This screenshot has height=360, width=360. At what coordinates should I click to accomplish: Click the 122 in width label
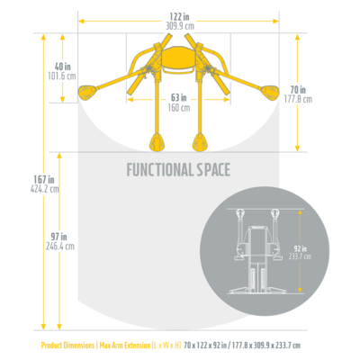coord(179,17)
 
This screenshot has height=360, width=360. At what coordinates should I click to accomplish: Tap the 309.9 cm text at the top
coord(180,26)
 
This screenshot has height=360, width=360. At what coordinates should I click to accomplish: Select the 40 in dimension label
coord(63,67)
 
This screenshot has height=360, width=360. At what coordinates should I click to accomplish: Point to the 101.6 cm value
coord(62,76)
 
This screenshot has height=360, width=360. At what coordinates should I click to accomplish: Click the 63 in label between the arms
coord(179,97)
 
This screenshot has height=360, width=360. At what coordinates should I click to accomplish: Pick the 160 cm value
coord(179,108)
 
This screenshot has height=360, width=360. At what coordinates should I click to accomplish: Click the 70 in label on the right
coord(298,89)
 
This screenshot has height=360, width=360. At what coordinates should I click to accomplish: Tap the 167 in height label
coord(44,180)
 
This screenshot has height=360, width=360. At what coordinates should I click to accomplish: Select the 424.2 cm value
coord(45,189)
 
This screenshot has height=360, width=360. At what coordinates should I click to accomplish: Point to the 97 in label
coord(59,237)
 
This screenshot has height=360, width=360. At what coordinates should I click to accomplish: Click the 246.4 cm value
coord(60,247)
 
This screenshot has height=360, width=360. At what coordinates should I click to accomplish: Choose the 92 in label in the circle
coord(300,248)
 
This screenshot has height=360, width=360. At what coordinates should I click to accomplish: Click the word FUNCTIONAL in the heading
coord(160,169)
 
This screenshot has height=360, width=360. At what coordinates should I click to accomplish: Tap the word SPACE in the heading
coord(213,169)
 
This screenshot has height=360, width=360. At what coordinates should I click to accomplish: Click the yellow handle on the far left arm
coord(87,93)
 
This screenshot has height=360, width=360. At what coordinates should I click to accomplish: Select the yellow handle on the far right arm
coord(270,93)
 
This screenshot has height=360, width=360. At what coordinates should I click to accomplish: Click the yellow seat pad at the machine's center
coord(178,58)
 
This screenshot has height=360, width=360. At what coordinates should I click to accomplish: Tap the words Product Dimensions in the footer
coord(67,346)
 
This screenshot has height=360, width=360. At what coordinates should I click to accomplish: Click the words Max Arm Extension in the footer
coord(125,346)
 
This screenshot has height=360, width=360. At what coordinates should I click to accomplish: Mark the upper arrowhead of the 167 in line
coord(44,37)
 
